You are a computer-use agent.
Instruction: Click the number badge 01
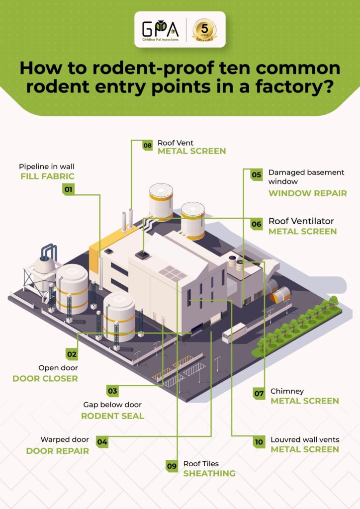click(68, 189)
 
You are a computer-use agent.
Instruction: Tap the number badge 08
click(147, 146)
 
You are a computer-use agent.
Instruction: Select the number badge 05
click(257, 175)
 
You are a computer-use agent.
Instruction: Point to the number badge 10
click(259, 440)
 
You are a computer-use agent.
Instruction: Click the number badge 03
click(112, 391)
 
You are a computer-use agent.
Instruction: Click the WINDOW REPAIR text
click(307, 193)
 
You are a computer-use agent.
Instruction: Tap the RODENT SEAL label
click(112, 416)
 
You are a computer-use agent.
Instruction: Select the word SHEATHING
click(209, 474)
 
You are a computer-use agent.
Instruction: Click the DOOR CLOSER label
click(45, 379)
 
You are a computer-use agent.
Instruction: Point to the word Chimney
click(287, 391)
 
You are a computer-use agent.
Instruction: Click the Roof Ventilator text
click(301, 221)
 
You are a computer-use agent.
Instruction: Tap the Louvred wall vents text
click(305, 440)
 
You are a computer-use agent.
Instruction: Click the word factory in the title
click(270, 86)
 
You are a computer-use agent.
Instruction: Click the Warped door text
click(64, 440)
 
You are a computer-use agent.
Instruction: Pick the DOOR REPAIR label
click(57, 451)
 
